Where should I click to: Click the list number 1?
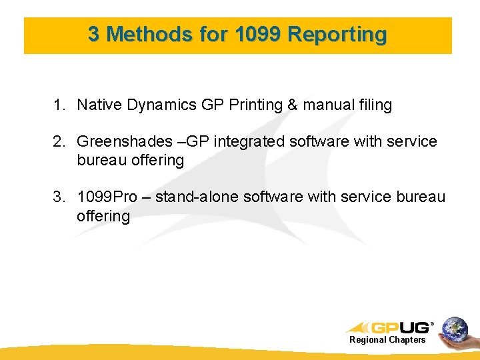click(x=59, y=105)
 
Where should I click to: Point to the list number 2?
click(x=59, y=141)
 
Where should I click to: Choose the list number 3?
click(x=59, y=197)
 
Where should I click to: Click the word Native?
click(x=97, y=105)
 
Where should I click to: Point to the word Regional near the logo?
click(x=369, y=340)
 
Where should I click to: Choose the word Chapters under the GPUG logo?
click(x=407, y=340)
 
